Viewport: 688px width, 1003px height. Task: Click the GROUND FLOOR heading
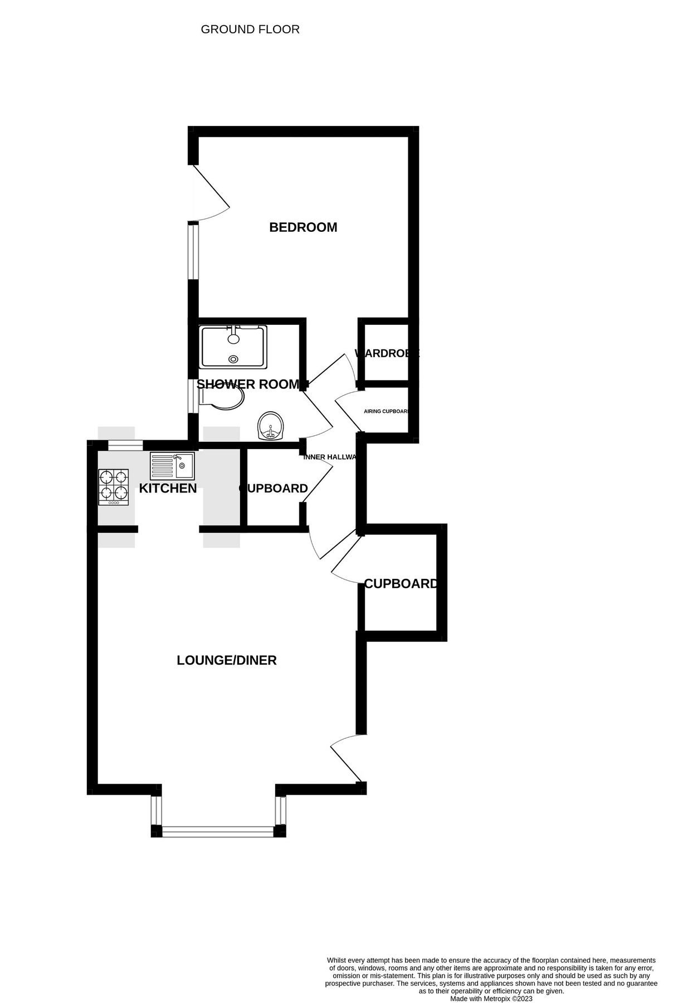[250, 30]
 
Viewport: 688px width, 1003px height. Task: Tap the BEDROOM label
[303, 227]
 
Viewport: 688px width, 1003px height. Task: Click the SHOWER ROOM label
[248, 384]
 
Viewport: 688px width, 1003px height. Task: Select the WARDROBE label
[386, 353]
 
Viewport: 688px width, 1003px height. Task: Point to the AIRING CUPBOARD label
[386, 411]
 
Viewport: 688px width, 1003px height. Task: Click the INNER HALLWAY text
[329, 457]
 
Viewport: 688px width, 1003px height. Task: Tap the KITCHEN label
[168, 489]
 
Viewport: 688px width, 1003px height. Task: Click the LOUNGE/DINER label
[227, 660]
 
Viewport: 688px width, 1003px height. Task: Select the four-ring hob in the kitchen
[114, 487]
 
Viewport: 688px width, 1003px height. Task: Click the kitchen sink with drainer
[172, 466]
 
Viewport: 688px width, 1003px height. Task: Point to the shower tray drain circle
[233, 359]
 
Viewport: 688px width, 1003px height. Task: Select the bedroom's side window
[193, 250]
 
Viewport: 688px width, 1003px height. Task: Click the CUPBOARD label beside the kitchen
[274, 489]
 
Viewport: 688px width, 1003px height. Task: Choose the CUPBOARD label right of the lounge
[401, 584]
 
